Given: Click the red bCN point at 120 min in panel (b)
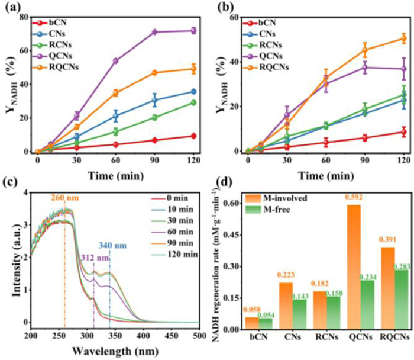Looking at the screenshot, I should [404, 132].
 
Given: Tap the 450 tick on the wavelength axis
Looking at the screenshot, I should [176, 336].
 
